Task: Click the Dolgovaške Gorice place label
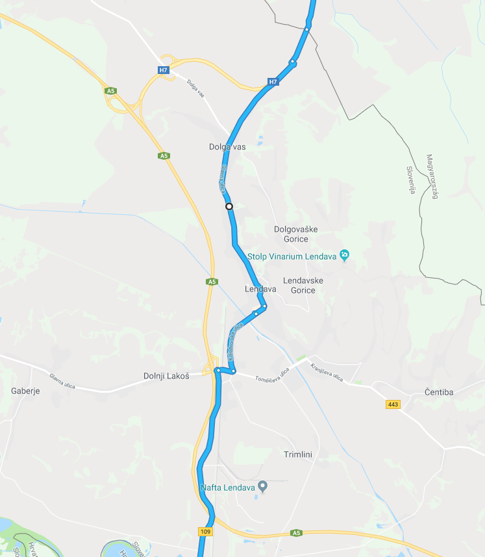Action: (x=295, y=234)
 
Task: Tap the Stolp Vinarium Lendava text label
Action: (x=292, y=256)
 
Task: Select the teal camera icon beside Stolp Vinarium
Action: (x=345, y=254)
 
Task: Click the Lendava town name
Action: (x=261, y=289)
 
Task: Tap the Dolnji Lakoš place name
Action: (x=166, y=376)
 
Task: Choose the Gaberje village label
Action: (x=26, y=391)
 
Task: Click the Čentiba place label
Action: (x=438, y=392)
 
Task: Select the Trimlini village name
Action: (x=299, y=454)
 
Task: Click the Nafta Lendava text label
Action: (x=228, y=486)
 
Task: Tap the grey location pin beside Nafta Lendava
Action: (x=263, y=485)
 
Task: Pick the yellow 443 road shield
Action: (x=392, y=404)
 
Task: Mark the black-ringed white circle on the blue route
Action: (x=229, y=206)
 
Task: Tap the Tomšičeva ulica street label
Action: (x=271, y=375)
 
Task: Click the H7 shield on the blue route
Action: (x=273, y=82)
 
